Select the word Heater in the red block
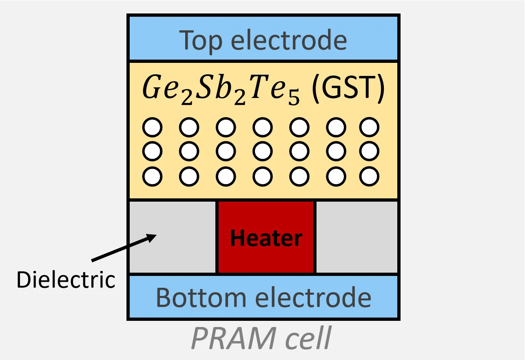point(266,238)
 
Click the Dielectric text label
point(66,280)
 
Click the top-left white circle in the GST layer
point(153,128)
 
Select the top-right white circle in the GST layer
point(370,128)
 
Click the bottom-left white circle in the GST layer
point(153,177)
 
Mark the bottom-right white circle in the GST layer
point(370,177)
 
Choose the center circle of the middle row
point(263,152)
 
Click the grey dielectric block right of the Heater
point(356,237)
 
